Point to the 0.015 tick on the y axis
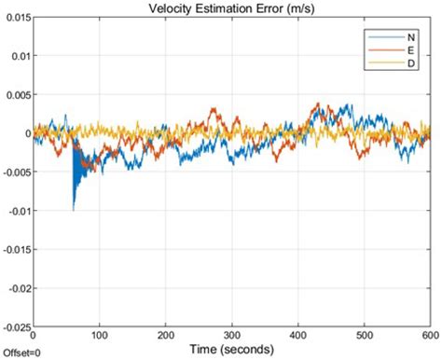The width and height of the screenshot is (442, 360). click(15, 16)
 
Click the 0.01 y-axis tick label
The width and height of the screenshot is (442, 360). click(18, 55)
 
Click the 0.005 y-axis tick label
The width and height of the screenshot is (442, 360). click(15, 94)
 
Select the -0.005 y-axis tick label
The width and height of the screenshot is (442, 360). click(14, 172)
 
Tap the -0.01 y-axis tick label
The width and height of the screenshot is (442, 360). click(16, 211)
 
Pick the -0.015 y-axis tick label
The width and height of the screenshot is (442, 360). click(14, 250)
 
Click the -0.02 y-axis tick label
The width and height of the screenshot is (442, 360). click(16, 288)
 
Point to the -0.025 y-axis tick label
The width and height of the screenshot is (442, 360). click(14, 327)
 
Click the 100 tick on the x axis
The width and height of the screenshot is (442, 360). click(99, 335)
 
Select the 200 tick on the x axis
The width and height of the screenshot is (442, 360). click(165, 335)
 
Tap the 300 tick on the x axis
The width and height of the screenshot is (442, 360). click(231, 335)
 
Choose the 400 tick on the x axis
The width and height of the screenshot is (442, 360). click(297, 335)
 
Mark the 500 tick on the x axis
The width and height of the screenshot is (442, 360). click(364, 335)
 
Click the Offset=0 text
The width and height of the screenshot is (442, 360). click(21, 353)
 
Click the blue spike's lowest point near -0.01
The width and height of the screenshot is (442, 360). click(73, 210)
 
